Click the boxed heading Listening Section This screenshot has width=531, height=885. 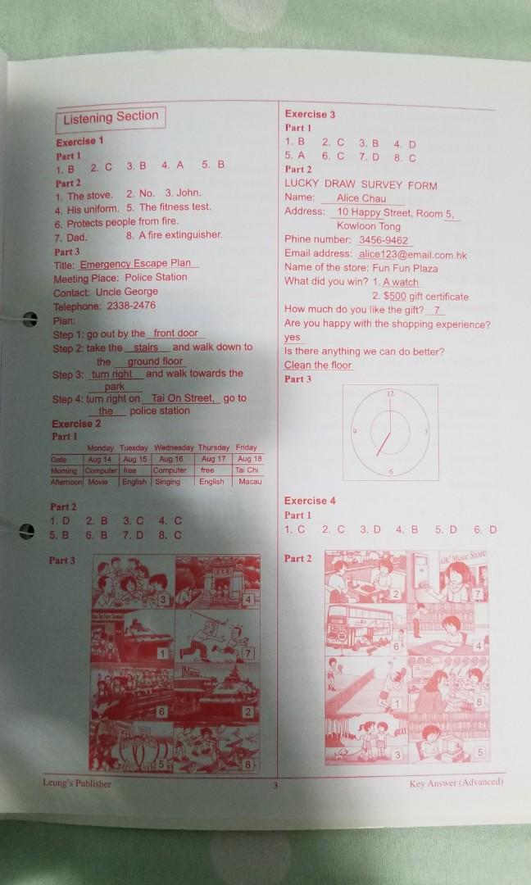(111, 119)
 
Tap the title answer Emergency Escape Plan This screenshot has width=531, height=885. (139, 264)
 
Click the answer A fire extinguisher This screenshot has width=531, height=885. (180, 235)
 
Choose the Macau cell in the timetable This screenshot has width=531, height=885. (248, 482)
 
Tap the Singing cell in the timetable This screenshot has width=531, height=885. (168, 482)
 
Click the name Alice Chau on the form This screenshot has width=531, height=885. (361, 198)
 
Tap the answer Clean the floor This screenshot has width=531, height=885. (318, 365)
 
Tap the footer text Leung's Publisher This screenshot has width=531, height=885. (77, 783)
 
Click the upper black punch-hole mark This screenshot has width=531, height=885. (29, 320)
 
